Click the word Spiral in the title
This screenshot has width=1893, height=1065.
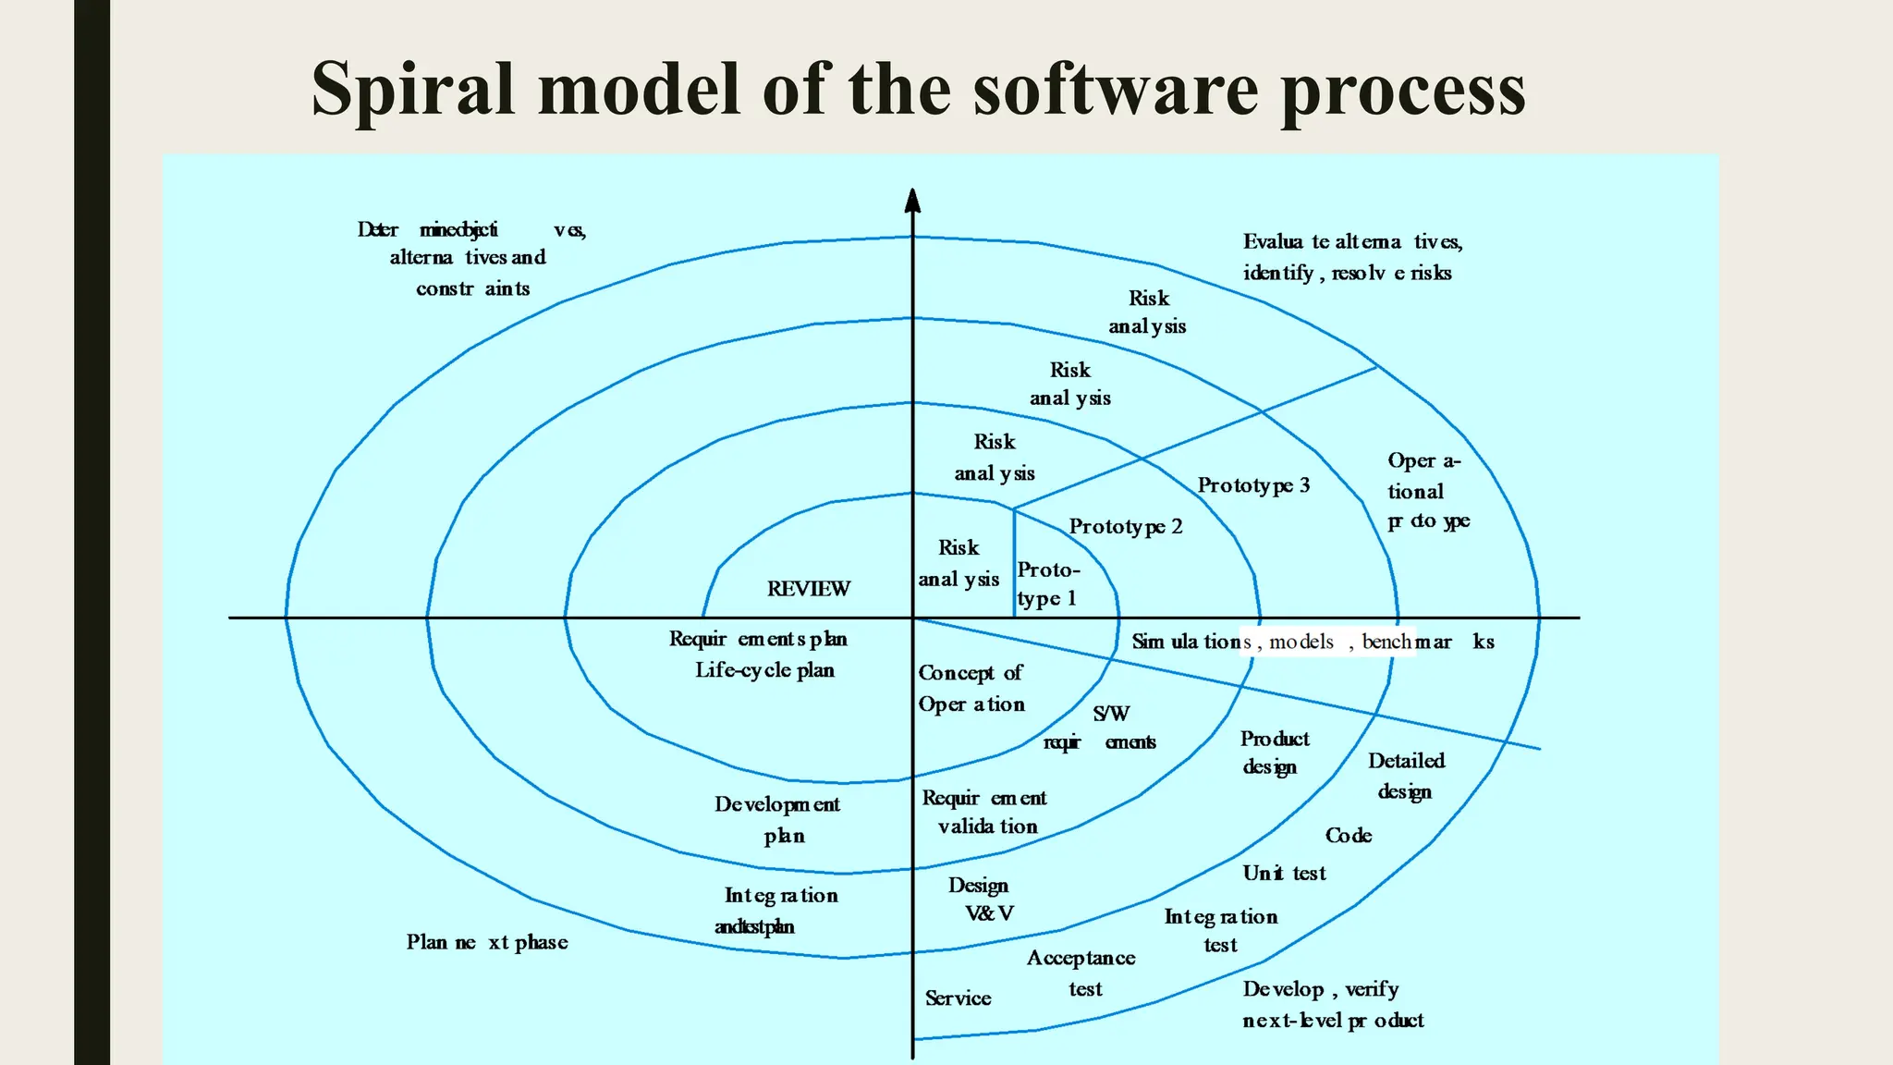pos(411,90)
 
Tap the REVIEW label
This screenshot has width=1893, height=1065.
pos(808,589)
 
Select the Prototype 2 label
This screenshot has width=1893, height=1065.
pos(1125,527)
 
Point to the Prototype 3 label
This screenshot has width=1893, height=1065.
pos(1253,485)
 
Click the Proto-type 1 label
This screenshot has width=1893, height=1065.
pos(1047,584)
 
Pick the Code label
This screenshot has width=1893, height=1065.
pos(1348,836)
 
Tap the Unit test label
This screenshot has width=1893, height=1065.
pos(1284,874)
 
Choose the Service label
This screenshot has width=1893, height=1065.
pos(958,998)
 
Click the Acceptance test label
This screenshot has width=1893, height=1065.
pos(1081,973)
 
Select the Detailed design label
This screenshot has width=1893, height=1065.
pos(1406,776)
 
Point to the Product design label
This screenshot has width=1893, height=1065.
pos(1274,753)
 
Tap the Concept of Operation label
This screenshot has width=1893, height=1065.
pos(971,689)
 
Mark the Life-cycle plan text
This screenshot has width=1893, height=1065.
pos(764,670)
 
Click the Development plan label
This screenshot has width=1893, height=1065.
pos(777,820)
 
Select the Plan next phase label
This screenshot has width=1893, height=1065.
pos(487,943)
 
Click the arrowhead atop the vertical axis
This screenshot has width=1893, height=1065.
pos(912,200)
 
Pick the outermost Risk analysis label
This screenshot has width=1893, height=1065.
pos(1147,312)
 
